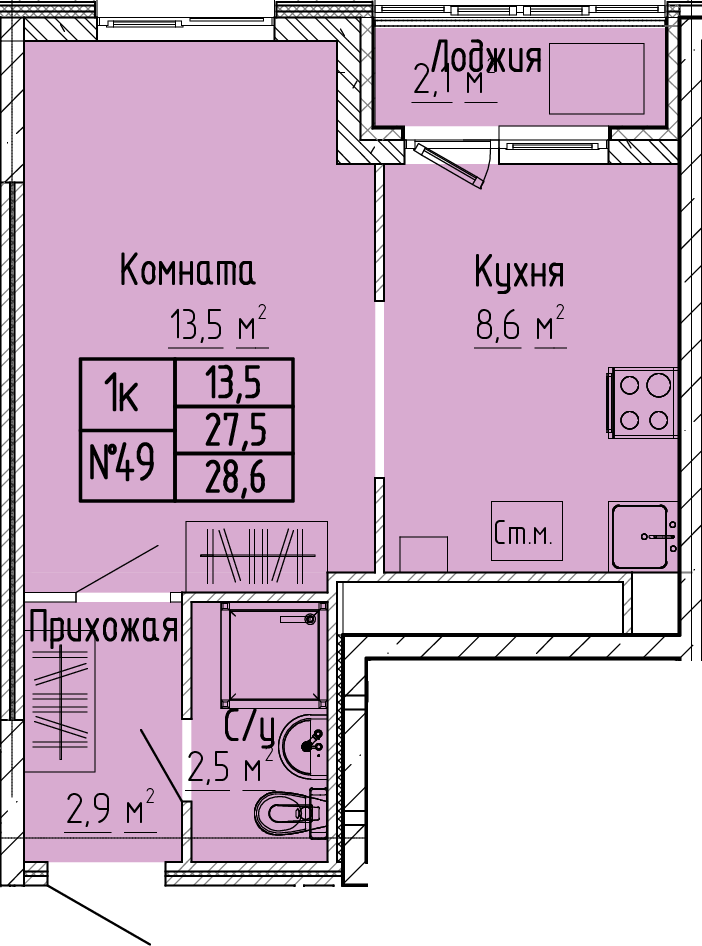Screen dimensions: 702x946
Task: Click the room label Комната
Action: [x=188, y=270]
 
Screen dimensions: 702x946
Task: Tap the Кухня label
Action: [x=519, y=272]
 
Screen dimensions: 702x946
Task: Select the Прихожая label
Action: [x=103, y=627]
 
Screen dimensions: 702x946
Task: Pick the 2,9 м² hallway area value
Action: [x=111, y=811]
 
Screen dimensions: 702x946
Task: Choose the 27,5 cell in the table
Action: [x=235, y=430]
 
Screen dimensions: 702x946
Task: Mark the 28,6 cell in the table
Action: [x=235, y=478]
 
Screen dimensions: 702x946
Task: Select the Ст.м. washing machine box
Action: [x=526, y=530]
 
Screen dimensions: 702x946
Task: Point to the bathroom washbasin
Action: [x=303, y=746]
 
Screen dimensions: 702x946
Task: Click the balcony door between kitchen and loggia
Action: [x=455, y=163]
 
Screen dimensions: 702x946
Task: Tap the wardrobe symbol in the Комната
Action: [x=257, y=556]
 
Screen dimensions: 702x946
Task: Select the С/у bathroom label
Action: [x=249, y=728]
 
